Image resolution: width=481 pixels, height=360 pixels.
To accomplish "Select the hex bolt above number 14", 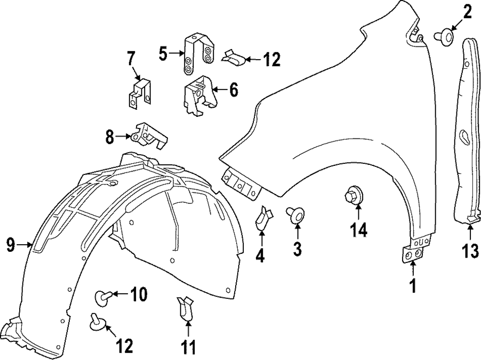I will point(353,198).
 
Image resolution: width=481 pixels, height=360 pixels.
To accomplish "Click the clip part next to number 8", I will point(149,136).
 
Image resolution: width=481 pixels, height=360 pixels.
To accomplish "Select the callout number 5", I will point(164,53).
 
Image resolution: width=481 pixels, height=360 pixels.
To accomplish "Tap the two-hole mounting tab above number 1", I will point(413,254).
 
